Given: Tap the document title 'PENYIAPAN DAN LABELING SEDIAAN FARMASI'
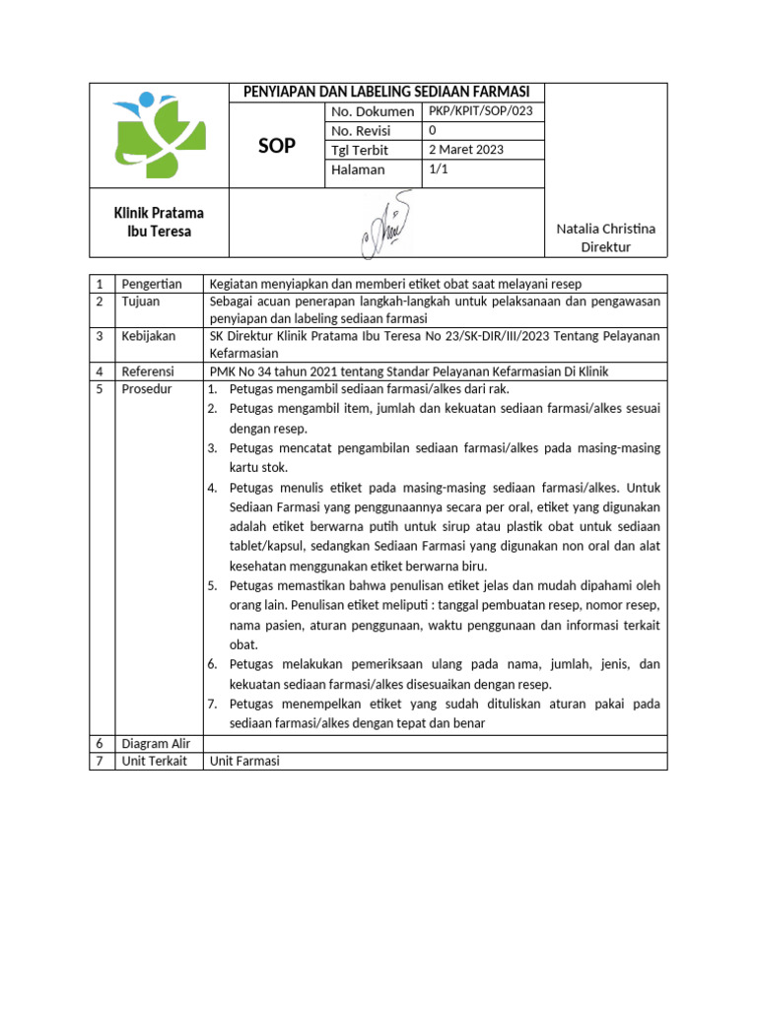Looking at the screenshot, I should (x=386, y=92).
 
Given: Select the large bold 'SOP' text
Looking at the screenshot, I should (x=277, y=146).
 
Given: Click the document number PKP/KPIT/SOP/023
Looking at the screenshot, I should (x=480, y=111).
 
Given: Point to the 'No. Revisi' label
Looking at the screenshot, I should (x=361, y=131).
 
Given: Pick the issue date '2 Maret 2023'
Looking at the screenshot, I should (x=466, y=150).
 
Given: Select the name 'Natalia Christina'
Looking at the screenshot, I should (x=605, y=229).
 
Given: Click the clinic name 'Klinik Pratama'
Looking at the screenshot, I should (x=159, y=213).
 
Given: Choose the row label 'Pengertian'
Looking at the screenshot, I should (x=152, y=284).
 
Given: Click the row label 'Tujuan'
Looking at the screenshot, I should (x=141, y=302).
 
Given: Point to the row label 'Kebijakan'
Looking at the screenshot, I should (x=148, y=336).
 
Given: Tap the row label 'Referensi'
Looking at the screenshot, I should (x=148, y=371).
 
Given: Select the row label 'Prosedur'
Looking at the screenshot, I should (x=146, y=389).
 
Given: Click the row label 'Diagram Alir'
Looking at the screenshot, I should (x=156, y=743).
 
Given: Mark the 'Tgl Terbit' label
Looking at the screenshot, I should (x=360, y=150).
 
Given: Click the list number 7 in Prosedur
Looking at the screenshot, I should (x=212, y=705).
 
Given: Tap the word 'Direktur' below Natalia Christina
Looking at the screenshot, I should (x=605, y=247).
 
